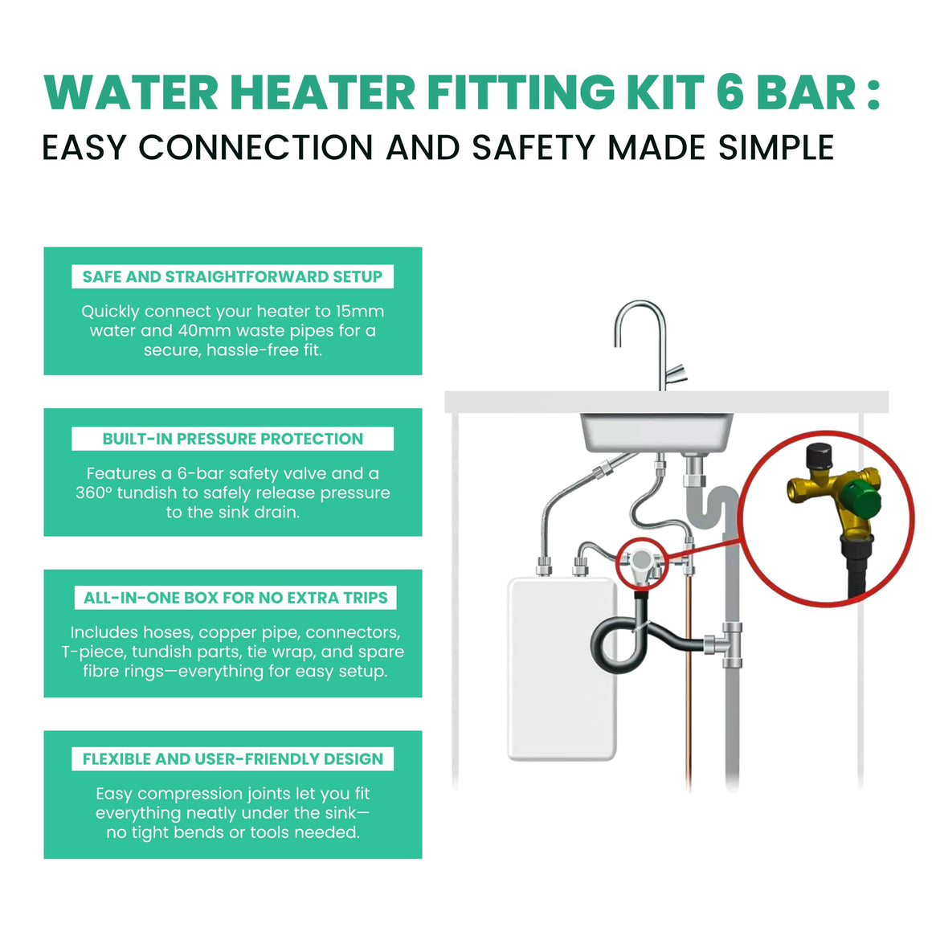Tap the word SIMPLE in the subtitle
(x=775, y=147)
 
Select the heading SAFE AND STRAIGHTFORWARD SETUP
(x=232, y=276)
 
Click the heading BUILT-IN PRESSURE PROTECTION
(x=232, y=439)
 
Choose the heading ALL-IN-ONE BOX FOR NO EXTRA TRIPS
(x=235, y=597)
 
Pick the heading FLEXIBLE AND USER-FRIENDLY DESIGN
(x=232, y=759)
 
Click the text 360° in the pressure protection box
(x=94, y=493)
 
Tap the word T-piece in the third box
(x=93, y=652)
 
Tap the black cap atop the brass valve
(x=819, y=456)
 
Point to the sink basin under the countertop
(x=656, y=432)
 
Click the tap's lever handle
(x=676, y=374)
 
